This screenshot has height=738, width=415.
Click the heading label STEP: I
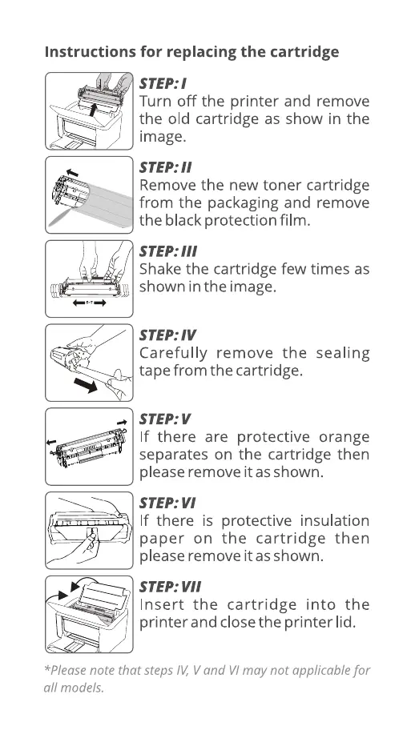coord(163,84)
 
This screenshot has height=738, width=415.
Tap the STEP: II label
coord(165,167)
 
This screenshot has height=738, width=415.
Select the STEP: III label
coord(168,251)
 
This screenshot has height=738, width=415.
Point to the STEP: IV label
coord(167,335)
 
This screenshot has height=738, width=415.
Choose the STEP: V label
coord(165,419)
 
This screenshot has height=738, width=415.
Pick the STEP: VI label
coord(167,503)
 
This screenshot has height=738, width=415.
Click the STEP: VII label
coord(170,587)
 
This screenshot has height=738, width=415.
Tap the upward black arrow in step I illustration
coord(93,109)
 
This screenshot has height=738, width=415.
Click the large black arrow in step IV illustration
coord(86,385)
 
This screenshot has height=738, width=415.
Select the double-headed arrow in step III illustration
coord(90,303)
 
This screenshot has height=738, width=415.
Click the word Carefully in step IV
coord(173,354)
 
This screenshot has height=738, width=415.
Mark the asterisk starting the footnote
coord(46,668)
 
